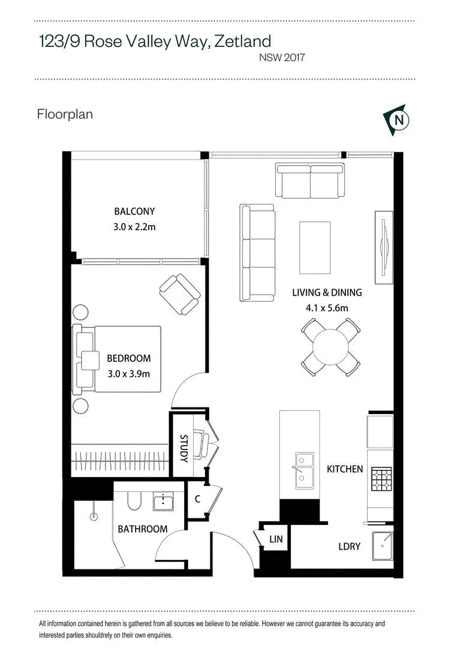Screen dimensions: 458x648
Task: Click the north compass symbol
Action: [396, 120]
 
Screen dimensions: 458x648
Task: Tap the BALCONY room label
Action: [135, 211]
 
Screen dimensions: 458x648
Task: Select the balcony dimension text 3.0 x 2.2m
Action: [135, 227]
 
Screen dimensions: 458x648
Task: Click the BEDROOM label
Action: [129, 358]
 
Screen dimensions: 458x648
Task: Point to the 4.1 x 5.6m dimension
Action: [327, 308]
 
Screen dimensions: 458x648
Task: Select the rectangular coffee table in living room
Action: [315, 248]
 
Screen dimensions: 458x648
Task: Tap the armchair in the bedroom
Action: [180, 294]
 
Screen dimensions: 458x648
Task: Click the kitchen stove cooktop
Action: [381, 479]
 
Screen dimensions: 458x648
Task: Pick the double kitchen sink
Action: [304, 471]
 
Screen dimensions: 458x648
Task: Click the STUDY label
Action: [184, 448]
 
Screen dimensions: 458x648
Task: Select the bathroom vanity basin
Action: [164, 502]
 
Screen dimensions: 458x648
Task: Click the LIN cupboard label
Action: [276, 539]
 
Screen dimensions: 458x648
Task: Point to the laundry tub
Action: [382, 546]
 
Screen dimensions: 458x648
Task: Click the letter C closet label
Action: [197, 499]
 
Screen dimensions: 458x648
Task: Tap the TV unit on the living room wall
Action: [384, 248]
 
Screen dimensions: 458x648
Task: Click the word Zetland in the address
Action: [243, 41]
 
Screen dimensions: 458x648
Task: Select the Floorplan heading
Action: [65, 114]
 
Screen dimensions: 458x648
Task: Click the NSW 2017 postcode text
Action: [282, 58]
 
